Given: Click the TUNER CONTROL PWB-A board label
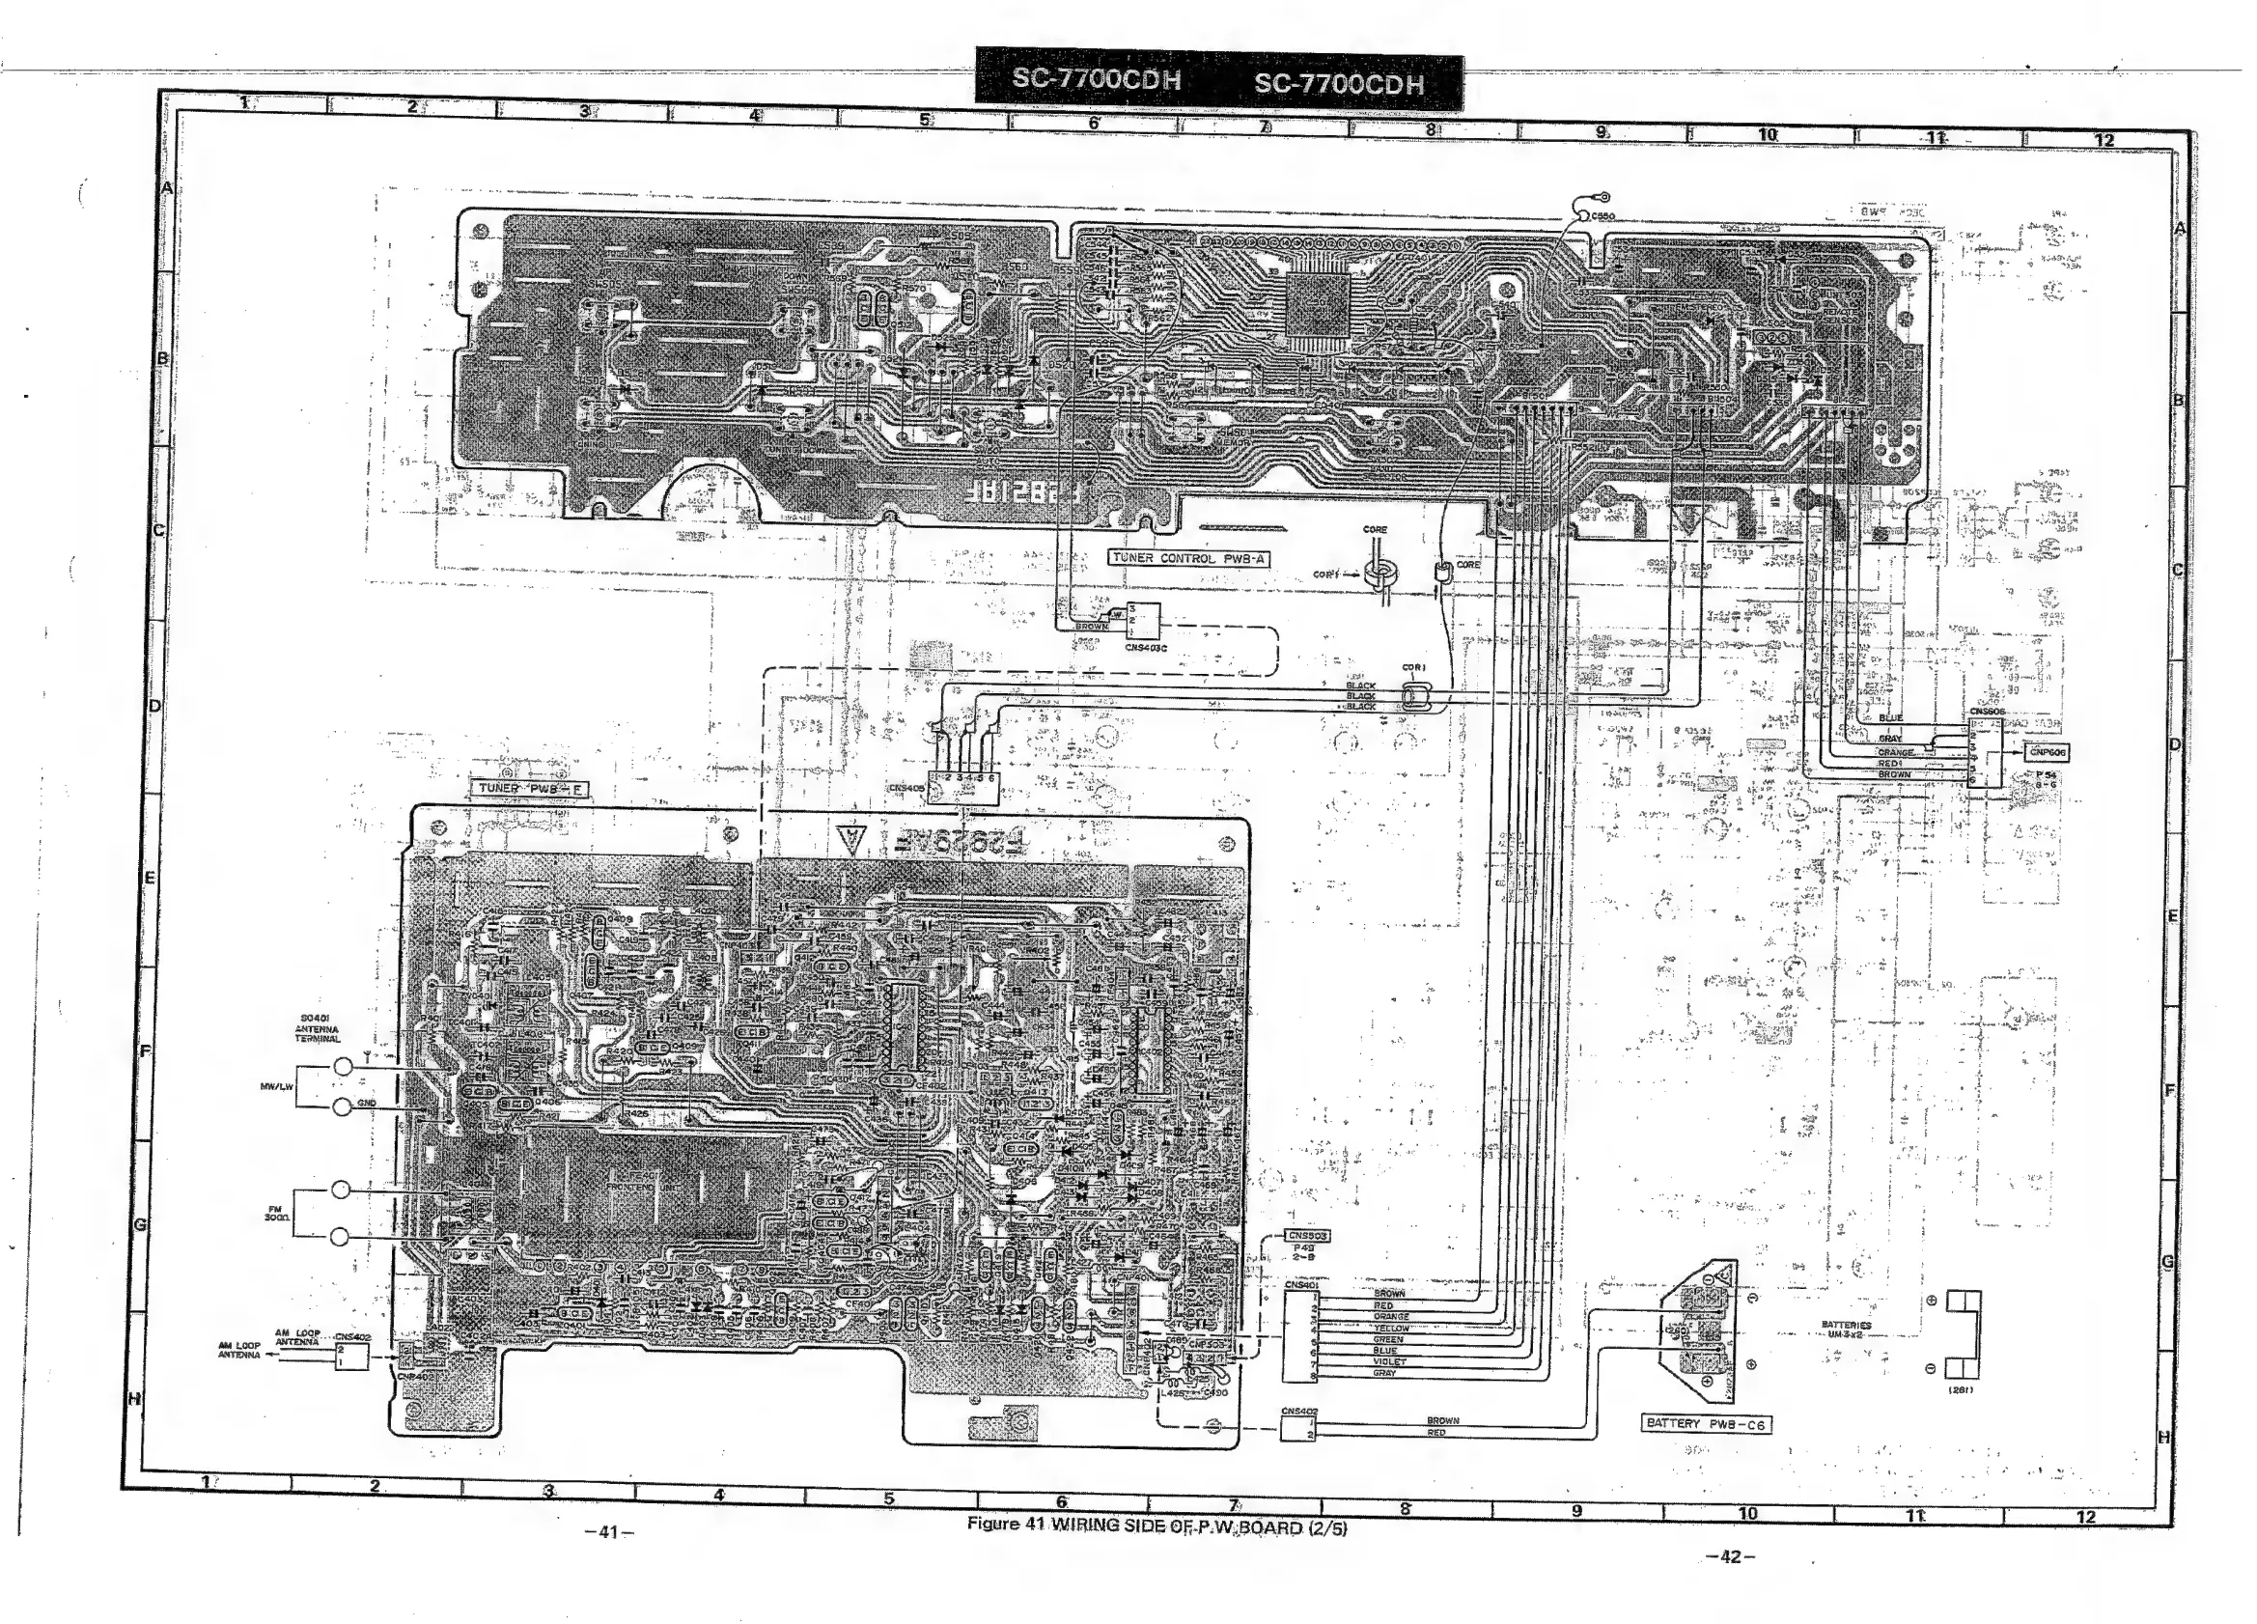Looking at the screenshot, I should pos(1188,558).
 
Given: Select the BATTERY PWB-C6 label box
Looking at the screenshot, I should pos(1706,1424).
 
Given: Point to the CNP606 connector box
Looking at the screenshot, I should pos(2046,752).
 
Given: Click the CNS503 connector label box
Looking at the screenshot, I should pos(1308,1236).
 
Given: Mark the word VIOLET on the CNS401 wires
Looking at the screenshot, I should pos(1389,1361).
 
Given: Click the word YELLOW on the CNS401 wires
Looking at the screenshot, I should pos(1391,1329).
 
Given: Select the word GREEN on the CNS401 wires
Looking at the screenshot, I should pos(1388,1339).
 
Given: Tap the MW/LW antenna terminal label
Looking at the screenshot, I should pos(277,1086).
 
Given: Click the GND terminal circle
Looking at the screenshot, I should pos(342,1106).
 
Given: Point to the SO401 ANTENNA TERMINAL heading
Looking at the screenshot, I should pos(317,1029).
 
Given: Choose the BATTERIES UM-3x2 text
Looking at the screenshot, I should pos(1846,1330).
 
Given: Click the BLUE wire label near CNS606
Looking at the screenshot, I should pos(1890,717).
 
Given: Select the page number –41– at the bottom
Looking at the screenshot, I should pos(609,1532).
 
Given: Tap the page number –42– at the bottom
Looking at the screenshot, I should pos(1730,1557).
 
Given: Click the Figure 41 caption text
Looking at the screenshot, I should pos(1156,1526).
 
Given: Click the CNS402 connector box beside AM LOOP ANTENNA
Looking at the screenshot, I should pos(352,1356).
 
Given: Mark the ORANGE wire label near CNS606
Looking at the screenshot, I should pos(1896,752).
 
